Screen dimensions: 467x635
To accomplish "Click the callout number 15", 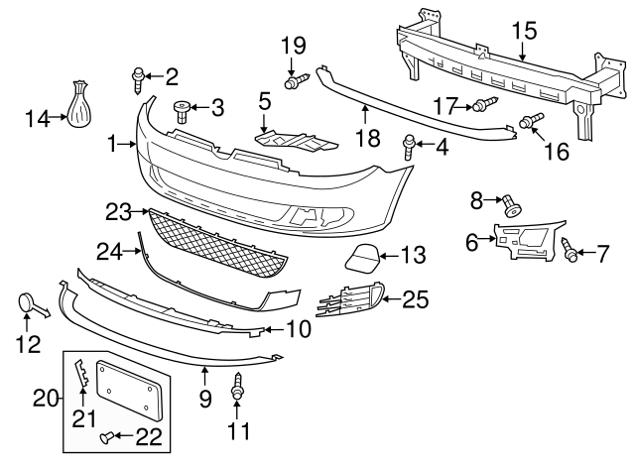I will pyautogui.click(x=523, y=31).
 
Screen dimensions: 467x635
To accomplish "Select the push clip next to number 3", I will pyautogui.click(x=182, y=108).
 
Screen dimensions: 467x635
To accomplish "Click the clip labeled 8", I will pyautogui.click(x=512, y=206).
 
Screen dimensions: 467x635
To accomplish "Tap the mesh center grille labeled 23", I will pyautogui.click(x=218, y=242).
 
